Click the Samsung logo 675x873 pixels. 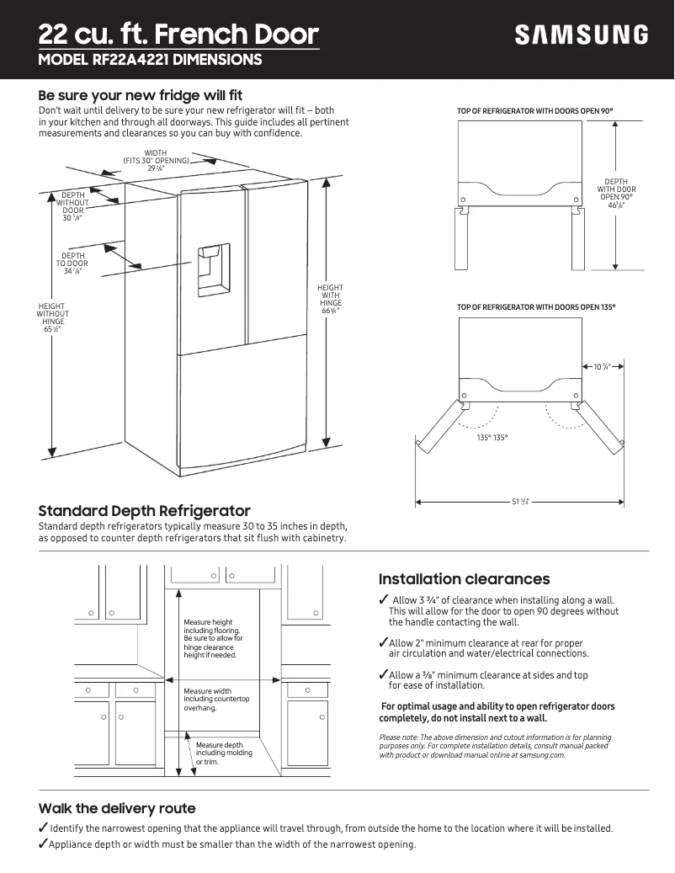582,35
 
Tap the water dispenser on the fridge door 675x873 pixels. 213,270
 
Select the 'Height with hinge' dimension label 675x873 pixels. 330,300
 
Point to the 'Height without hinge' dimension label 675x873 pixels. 53,318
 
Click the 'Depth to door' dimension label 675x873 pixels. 73,263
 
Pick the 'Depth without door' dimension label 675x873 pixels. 73,207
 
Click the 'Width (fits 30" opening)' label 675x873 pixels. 156,160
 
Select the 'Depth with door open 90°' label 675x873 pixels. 616,193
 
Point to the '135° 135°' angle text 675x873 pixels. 492,438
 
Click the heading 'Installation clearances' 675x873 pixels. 464,579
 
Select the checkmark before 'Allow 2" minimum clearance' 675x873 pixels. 383,642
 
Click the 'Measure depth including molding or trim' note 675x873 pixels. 220,753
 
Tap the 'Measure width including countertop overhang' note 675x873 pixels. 216,700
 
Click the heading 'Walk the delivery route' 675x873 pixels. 117,808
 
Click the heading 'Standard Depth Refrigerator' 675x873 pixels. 145,511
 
